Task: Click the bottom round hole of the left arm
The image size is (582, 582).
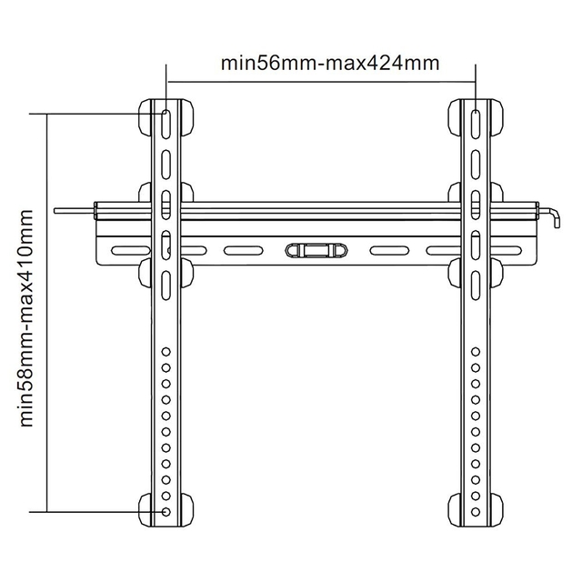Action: tap(166, 512)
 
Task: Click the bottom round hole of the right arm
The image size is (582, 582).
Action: tap(477, 512)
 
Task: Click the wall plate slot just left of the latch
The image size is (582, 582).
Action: tap(244, 250)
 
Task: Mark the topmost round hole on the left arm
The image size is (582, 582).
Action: tap(166, 351)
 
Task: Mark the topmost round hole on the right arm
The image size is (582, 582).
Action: tap(477, 351)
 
